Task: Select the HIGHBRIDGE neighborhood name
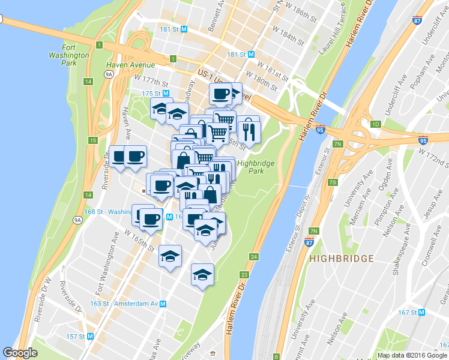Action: point(342,259)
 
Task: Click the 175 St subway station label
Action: point(151,93)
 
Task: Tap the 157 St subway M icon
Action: point(91,337)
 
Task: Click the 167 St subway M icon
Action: point(421,313)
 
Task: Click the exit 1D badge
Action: point(376,124)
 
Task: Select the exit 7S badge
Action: point(332,182)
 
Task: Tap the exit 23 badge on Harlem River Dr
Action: point(244,275)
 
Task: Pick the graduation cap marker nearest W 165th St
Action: point(170,256)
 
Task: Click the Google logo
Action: point(20,353)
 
